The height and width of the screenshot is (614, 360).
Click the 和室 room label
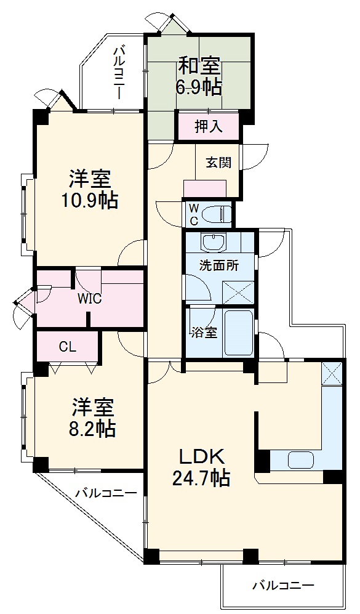(x=199, y=64)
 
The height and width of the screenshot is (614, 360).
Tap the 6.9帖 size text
(x=199, y=87)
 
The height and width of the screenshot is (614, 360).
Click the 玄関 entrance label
(x=218, y=163)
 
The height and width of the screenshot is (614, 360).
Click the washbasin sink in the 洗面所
(x=214, y=241)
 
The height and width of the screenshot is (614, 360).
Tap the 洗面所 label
(x=218, y=266)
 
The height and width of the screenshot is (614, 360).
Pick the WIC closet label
(x=89, y=299)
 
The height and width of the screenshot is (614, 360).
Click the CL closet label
(x=67, y=347)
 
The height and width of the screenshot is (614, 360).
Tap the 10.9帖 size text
(x=90, y=200)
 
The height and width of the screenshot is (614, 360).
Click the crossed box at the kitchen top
(x=331, y=374)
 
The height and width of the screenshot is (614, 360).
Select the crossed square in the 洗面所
(x=238, y=291)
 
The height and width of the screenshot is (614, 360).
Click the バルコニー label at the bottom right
(x=283, y=584)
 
